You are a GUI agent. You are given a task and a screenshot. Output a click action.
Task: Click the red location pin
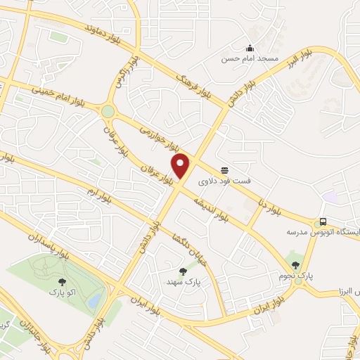(x=181, y=166)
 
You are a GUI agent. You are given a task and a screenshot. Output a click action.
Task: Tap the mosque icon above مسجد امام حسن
(x=250, y=48)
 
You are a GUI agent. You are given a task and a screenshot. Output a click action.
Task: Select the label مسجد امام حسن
(x=250, y=59)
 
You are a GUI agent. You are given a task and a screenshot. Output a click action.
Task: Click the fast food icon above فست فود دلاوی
(x=225, y=170)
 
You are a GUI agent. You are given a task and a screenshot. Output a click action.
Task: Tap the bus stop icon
(x=323, y=221)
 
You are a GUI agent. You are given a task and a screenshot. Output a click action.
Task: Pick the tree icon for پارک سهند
(x=184, y=271)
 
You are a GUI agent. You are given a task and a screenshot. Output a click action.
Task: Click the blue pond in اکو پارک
(x=94, y=300)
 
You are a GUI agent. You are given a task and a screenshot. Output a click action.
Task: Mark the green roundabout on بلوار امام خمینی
(x=108, y=111)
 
